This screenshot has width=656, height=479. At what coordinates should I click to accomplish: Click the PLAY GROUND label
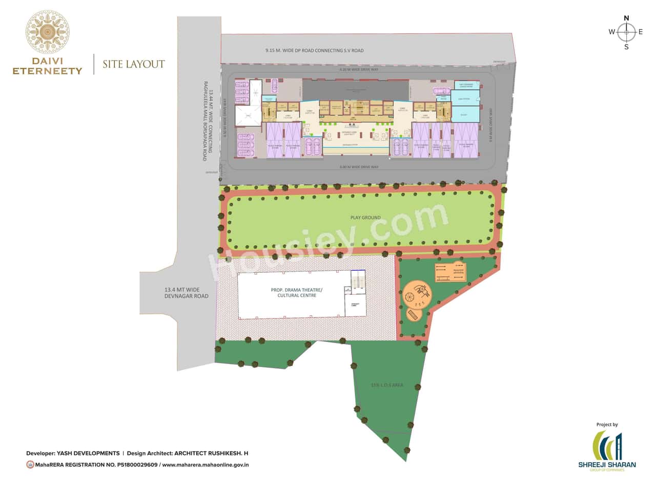pyautogui.click(x=365, y=217)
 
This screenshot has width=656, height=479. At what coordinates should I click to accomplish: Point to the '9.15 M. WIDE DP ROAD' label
pyautogui.click(x=314, y=51)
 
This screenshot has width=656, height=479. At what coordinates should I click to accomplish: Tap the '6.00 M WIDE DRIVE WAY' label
pyautogui.click(x=359, y=167)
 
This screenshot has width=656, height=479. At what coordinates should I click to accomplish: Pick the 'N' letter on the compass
pyautogui.click(x=626, y=18)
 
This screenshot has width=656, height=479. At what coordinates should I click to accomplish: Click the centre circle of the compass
pyautogui.click(x=626, y=32)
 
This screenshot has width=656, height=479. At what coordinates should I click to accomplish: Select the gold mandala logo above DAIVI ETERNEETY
pyautogui.click(x=48, y=32)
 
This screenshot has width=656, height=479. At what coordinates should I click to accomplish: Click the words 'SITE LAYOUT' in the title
pyautogui.click(x=133, y=64)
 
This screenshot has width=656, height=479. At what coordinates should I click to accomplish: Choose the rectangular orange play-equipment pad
pyautogui.click(x=450, y=272)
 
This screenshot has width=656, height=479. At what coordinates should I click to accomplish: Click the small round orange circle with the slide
pyautogui.click(x=414, y=314)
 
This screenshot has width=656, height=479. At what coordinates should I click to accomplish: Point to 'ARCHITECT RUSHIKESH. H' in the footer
pyautogui.click(x=211, y=453)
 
